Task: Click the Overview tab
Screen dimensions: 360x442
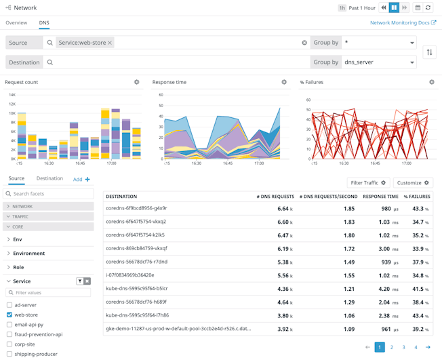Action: (16, 22)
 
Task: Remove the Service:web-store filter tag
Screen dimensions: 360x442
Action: (110, 43)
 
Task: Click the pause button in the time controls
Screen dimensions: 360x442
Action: (394, 7)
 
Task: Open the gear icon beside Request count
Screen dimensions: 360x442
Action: (136, 82)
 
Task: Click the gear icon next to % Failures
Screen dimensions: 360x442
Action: (431, 82)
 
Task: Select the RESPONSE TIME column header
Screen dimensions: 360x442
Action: (380, 197)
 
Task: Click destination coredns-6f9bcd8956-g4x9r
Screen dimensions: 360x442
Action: (136, 208)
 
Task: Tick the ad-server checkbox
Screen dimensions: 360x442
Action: (9, 305)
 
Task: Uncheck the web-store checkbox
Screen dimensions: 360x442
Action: (9, 315)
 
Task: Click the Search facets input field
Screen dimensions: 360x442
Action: (52, 194)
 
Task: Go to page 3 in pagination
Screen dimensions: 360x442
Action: (403, 347)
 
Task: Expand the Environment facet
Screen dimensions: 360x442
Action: (28, 254)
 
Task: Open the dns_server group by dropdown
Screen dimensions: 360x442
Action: (380, 62)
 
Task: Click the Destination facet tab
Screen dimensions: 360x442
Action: (49, 179)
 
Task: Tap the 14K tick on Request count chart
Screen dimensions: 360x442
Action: (12, 95)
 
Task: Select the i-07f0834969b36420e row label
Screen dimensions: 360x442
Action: (129, 275)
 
